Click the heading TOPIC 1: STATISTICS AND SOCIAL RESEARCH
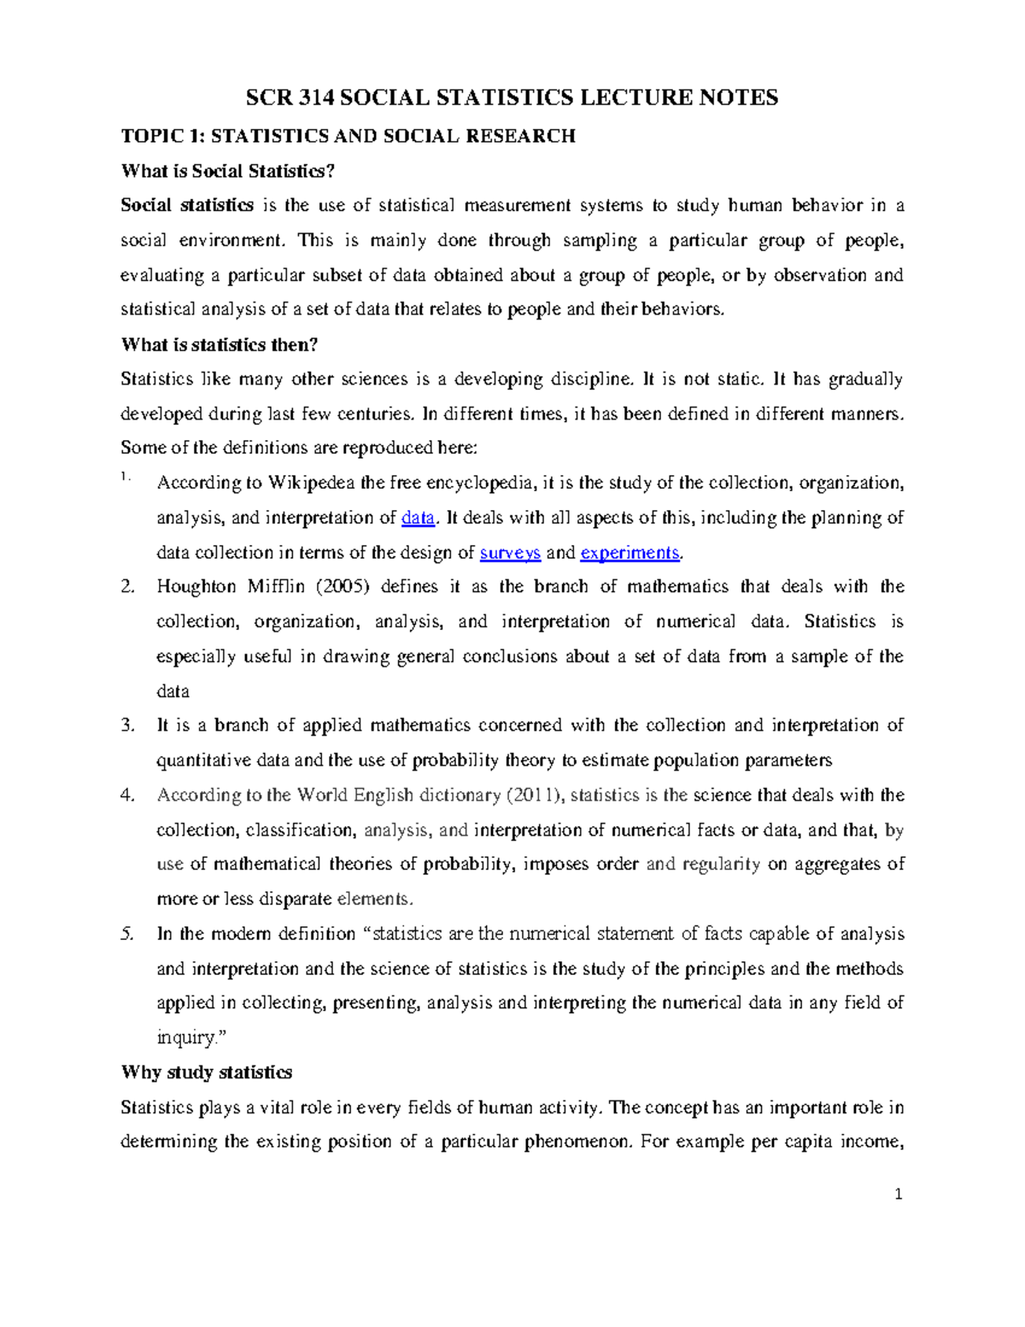[x=348, y=136]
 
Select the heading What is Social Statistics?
[x=228, y=171]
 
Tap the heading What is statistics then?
[x=220, y=344]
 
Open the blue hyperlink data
[x=418, y=518]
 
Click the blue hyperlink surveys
[x=510, y=553]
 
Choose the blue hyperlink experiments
[x=630, y=553]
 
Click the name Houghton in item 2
[x=196, y=587]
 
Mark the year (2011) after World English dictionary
[x=535, y=796]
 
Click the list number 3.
[x=128, y=725]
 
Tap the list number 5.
[x=128, y=934]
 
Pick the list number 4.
[x=128, y=796]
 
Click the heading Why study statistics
[x=207, y=1072]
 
